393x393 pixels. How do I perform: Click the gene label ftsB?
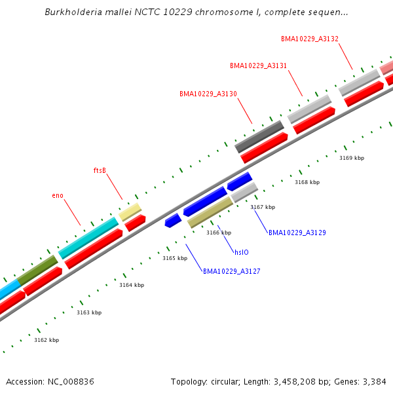(100, 170)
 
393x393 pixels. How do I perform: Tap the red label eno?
(58, 195)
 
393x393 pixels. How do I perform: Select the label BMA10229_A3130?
(208, 94)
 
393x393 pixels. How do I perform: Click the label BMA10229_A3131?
(258, 65)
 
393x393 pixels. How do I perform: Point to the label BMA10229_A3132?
(310, 39)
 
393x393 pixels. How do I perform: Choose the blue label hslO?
(242, 252)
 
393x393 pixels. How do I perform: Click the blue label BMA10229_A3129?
(297, 233)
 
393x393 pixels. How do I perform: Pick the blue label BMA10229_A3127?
(231, 271)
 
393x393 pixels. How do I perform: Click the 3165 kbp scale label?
(175, 258)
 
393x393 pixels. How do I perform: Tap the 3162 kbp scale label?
(47, 340)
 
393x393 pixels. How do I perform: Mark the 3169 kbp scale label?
(352, 158)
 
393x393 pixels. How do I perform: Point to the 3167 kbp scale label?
(263, 207)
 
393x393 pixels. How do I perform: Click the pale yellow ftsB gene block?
(130, 212)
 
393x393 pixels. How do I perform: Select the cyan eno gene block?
(88, 238)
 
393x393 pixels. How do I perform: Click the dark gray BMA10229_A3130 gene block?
(259, 136)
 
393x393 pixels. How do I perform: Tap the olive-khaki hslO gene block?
(210, 212)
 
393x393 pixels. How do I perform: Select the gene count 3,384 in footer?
(373, 381)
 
